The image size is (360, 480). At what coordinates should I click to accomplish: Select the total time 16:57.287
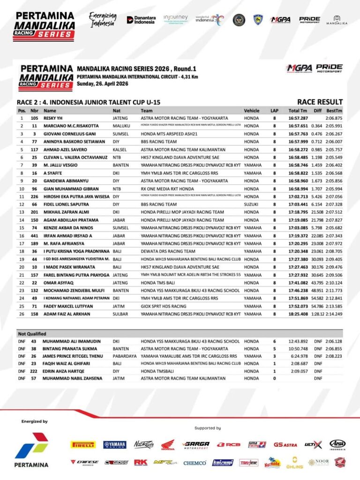click(298, 118)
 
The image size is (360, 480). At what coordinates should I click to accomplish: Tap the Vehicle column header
click(252, 111)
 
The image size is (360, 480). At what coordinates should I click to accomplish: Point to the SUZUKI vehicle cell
click(252, 204)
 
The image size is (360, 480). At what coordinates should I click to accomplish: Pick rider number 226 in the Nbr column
click(34, 196)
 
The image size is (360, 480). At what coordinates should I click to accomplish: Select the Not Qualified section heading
click(32, 334)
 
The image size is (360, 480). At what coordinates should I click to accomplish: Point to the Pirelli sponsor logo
click(82, 444)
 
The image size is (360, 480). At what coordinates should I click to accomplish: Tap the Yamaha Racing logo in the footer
click(115, 444)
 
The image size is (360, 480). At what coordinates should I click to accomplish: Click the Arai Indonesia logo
click(337, 444)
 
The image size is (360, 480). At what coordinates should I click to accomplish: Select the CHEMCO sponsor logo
click(195, 463)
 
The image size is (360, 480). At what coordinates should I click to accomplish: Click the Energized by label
click(34, 421)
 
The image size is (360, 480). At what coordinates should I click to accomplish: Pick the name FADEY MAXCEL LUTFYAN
click(67, 306)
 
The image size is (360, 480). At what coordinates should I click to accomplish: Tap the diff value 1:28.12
click(316, 314)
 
